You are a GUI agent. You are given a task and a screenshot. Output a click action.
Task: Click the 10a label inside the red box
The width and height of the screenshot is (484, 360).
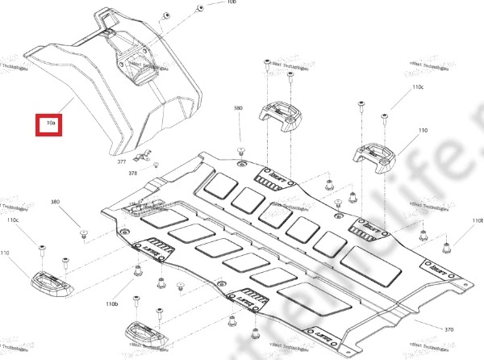pos(50,124)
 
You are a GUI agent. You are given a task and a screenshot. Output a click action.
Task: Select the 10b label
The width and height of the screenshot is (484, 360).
pos(209,2)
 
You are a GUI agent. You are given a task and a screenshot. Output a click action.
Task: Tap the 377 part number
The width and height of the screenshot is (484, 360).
pos(122,162)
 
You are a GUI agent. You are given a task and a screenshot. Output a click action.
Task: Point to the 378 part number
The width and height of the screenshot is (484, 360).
pos(133,174)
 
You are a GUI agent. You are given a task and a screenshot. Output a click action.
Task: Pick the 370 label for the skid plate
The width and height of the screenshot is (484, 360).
pos(449,330)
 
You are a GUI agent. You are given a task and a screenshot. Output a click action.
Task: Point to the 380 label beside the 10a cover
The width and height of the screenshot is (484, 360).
pos(238,107)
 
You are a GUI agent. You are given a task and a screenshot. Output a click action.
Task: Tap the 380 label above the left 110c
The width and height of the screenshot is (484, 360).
pos(55,202)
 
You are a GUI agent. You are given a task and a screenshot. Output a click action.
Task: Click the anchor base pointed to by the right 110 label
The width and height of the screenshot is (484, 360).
pos(374,151)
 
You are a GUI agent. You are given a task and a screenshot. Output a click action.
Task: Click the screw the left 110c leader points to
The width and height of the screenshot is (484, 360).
pos(40,244)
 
